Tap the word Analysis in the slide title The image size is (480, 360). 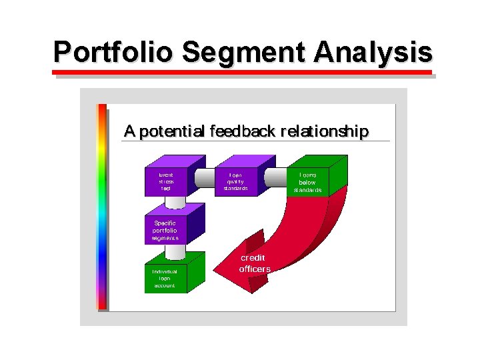click(x=375, y=51)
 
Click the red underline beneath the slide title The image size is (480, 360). click(x=243, y=71)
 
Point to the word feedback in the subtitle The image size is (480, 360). click(x=241, y=131)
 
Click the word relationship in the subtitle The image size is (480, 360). click(x=323, y=131)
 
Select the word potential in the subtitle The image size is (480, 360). click(x=172, y=131)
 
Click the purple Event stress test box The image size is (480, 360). click(x=166, y=181)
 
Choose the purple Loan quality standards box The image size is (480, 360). click(x=236, y=181)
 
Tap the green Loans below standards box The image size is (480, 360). click(x=307, y=182)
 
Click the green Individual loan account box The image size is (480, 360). click(x=165, y=278)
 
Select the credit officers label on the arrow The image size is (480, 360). click(x=255, y=263)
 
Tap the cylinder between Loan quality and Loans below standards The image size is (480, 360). click(x=275, y=177)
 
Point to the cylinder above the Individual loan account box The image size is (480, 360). click(x=175, y=252)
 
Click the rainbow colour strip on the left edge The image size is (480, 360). click(x=101, y=207)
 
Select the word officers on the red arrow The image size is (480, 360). click(x=255, y=269)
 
